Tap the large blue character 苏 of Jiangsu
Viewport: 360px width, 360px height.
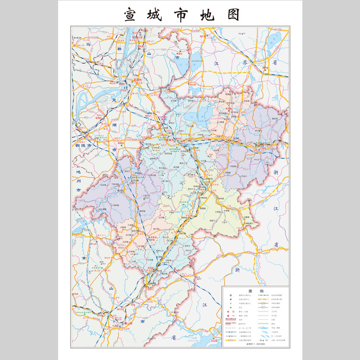click(245, 62)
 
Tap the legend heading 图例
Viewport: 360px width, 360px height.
click(255, 291)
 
